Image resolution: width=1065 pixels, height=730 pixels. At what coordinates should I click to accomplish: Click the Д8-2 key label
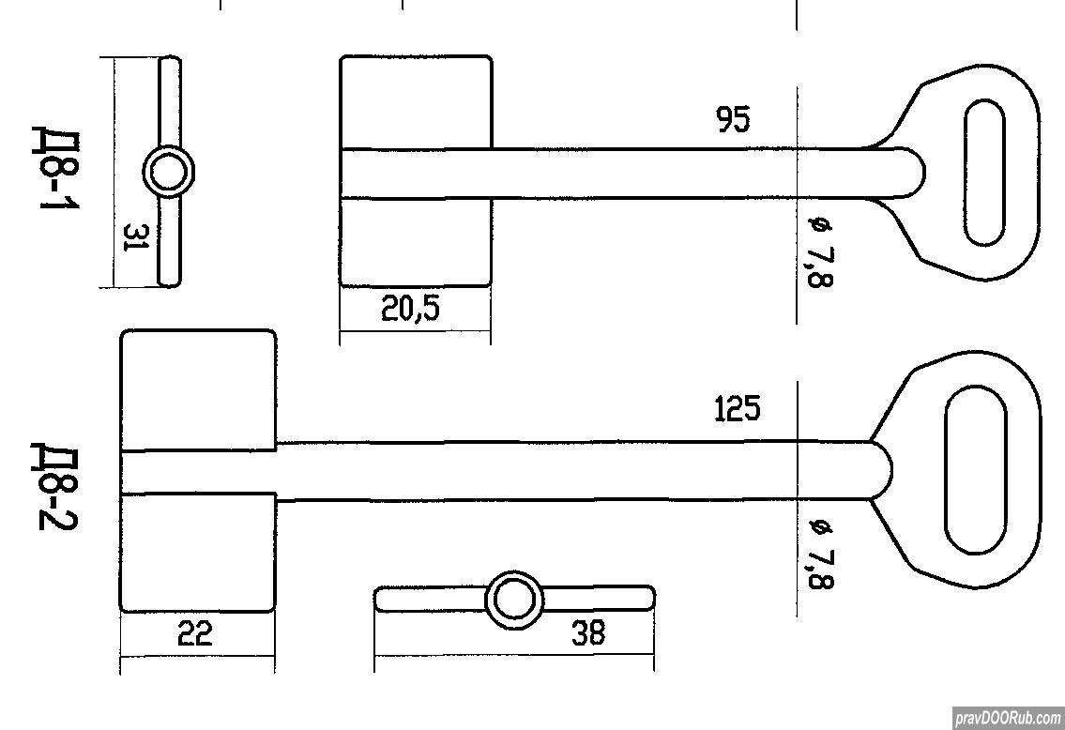[55, 486]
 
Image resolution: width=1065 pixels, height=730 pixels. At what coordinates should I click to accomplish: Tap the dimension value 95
[734, 119]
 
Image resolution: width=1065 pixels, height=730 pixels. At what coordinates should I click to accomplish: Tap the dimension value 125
[738, 409]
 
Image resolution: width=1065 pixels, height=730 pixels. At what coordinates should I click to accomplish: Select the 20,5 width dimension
[410, 309]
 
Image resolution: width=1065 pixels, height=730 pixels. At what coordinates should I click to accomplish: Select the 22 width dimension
[195, 633]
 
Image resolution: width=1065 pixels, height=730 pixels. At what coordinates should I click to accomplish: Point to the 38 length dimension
[587, 633]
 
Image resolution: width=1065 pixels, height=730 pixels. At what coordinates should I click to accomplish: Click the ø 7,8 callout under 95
[820, 252]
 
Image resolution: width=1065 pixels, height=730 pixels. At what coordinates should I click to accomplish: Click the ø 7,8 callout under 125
[820, 554]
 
